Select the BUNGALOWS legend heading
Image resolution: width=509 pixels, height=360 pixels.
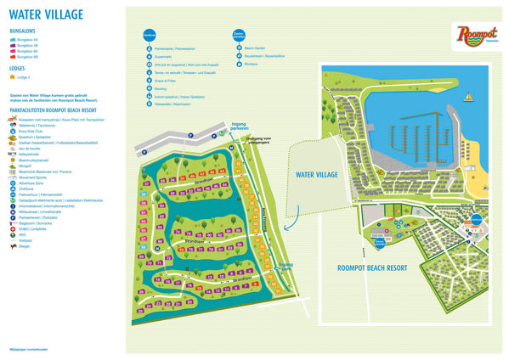click(23, 31)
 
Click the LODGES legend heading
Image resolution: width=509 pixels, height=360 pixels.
click(19, 68)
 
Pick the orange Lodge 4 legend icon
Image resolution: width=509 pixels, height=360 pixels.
click(12, 77)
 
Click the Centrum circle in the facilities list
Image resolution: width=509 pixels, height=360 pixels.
click(150, 37)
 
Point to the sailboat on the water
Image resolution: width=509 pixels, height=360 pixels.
click(467, 98)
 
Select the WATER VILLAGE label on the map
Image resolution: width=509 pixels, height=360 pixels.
click(316, 174)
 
